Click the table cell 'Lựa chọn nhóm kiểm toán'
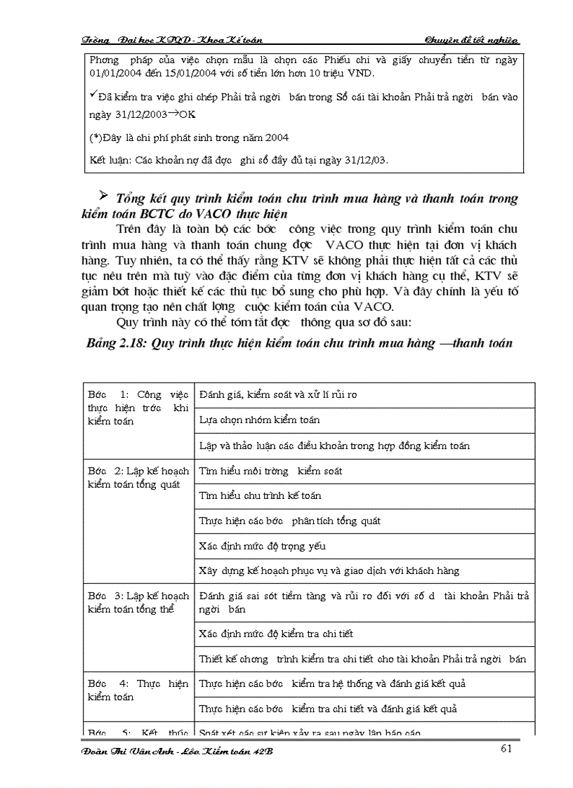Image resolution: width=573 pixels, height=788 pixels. click(260, 420)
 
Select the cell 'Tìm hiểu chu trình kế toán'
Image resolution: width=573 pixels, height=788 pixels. click(261, 495)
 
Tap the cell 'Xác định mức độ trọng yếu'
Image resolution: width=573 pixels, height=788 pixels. click(263, 546)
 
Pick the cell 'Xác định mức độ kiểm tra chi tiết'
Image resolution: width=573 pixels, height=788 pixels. click(276, 634)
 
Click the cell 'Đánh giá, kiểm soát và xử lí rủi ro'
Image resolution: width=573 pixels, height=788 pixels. click(278, 394)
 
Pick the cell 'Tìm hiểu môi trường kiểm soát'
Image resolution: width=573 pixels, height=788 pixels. click(271, 471)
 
